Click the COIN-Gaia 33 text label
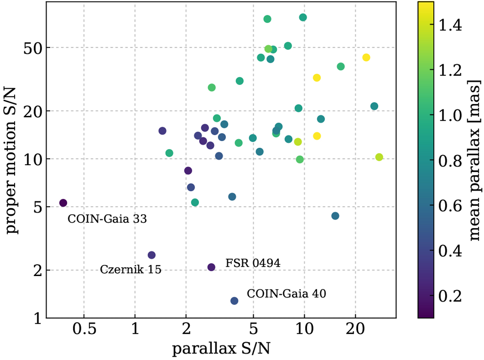click(107, 219)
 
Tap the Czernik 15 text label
click(130, 269)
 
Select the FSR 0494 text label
click(253, 263)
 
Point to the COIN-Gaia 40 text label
click(286, 293)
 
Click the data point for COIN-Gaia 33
click(63, 203)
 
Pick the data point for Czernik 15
click(152, 255)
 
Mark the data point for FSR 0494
click(211, 267)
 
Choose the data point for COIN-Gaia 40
click(234, 301)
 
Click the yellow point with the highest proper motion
click(366, 57)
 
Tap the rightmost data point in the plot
click(379, 157)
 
